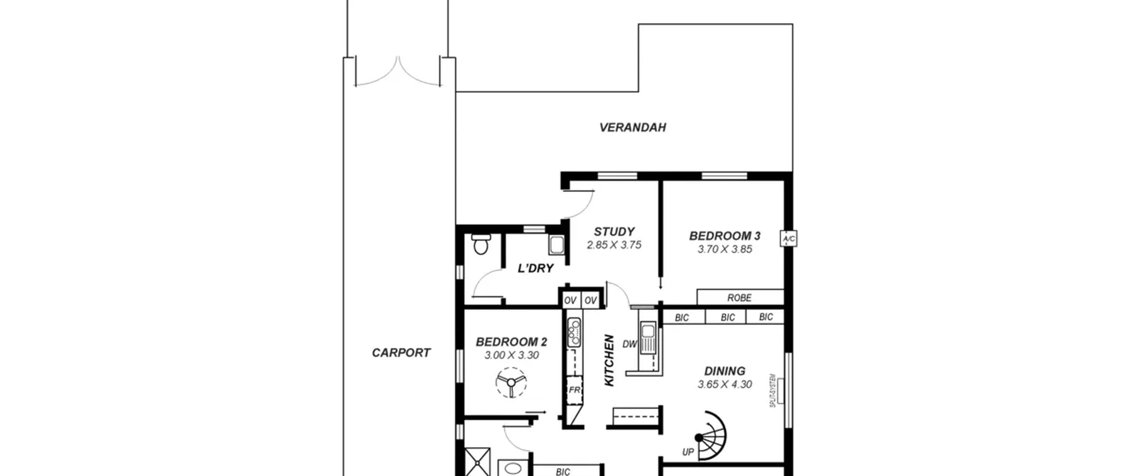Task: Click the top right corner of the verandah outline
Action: [792, 24]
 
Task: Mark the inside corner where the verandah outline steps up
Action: [638, 92]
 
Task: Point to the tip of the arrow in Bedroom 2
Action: [546, 413]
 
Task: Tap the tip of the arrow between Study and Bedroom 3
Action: [661, 288]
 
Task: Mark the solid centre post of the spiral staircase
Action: [698, 438]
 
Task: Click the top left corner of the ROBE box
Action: [698, 290]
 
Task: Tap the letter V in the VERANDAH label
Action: [604, 128]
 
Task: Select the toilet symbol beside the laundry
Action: [480, 244]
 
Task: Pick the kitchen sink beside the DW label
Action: [647, 339]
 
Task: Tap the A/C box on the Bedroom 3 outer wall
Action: [789, 239]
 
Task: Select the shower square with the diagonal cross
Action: [478, 462]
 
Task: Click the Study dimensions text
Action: [614, 245]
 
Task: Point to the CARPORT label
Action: [401, 353]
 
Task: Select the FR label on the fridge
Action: [574, 390]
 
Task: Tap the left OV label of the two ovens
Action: [570, 301]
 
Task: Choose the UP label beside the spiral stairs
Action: [688, 452]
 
